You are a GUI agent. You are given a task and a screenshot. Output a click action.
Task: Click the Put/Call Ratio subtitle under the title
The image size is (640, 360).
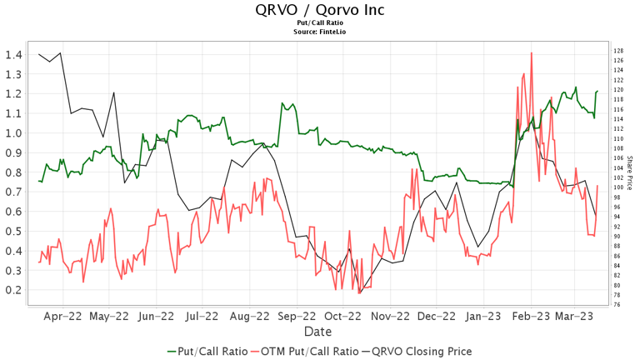pos(320,23)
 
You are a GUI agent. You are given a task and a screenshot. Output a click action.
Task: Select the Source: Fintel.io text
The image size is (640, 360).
pos(320,32)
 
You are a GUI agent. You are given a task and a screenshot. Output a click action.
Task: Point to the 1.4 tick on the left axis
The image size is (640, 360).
pos(12,55)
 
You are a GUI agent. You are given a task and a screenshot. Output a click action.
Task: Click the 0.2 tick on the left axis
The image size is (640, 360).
pos(12,290)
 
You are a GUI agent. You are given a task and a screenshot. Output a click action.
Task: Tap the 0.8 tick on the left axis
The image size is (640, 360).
pos(12,172)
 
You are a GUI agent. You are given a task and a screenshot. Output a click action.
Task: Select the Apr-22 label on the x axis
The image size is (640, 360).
pos(62,317)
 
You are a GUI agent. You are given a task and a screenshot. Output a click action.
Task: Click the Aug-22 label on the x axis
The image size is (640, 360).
pos(249,317)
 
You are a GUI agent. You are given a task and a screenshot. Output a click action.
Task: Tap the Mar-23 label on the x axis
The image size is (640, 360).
pos(574,317)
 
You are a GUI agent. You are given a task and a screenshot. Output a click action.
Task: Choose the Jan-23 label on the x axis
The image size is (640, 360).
pos(483,317)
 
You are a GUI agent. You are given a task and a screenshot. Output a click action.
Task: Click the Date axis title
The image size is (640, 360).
pos(320,331)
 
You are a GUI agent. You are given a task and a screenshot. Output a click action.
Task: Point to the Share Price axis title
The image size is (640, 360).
pos(630,172)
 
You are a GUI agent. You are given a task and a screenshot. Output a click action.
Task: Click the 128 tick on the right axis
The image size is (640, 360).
pos(618,51)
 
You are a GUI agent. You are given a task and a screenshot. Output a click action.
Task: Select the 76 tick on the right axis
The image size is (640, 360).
pos(617,304)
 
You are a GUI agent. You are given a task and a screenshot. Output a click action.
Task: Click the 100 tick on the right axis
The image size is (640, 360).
pos(618,187)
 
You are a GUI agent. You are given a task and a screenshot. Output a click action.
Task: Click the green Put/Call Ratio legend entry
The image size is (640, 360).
pos(207,351)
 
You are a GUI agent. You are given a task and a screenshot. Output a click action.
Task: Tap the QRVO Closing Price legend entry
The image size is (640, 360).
pos(417,351)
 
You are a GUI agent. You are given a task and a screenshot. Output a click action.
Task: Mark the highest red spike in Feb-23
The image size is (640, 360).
pos(532,53)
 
